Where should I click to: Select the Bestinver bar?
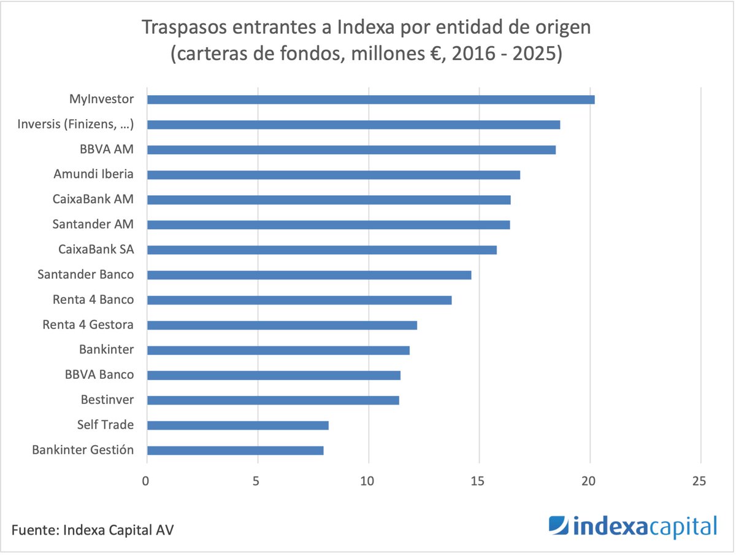pyautogui.click(x=273, y=400)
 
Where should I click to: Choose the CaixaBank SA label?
pyautogui.click(x=96, y=249)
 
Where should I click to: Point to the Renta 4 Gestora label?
pyautogui.click(x=88, y=325)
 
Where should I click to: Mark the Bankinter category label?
pyautogui.click(x=106, y=350)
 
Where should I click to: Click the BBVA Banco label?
pyautogui.click(x=99, y=375)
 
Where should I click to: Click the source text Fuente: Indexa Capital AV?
pyautogui.click(x=92, y=529)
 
